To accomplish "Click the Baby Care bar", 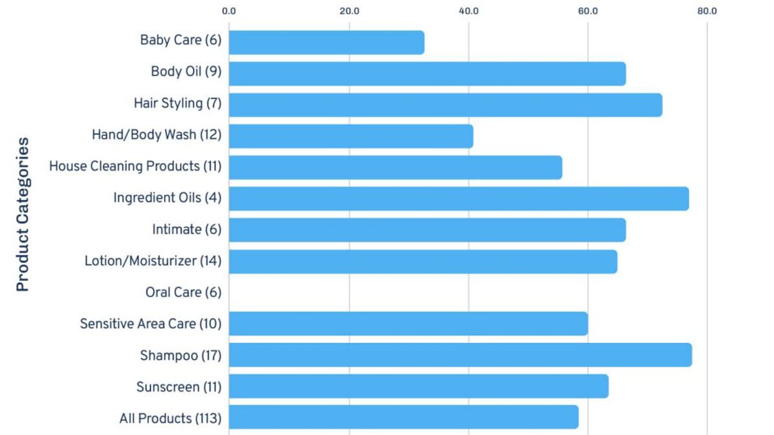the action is click(326, 43).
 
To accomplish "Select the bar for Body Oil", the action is click(428, 74).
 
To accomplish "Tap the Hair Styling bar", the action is click(446, 105).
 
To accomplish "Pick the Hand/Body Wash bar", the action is click(351, 137).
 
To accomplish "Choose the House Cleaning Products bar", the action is click(395, 168).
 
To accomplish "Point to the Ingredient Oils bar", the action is click(459, 199).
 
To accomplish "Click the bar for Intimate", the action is click(428, 230).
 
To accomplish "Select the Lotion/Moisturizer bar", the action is click(423, 262).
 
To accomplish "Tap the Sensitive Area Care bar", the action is click(408, 324).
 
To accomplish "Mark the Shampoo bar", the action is click(461, 355).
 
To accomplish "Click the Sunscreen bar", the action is click(419, 386).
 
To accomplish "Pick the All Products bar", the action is click(404, 418).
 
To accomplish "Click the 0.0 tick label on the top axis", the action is click(229, 11).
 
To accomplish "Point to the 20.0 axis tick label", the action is click(350, 11).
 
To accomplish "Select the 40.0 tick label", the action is click(469, 11).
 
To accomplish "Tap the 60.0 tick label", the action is click(588, 11).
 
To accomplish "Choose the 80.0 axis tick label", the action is click(708, 11).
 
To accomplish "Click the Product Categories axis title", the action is click(23, 215).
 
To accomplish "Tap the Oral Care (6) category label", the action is click(183, 293).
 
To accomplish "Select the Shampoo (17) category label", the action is click(181, 356).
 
